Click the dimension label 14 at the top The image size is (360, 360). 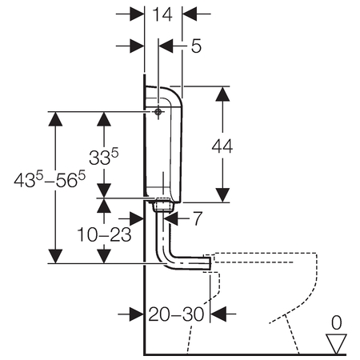[162, 14]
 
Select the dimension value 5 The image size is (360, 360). [196, 46]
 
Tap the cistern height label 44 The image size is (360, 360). [222, 146]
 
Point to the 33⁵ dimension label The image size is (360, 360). [103, 157]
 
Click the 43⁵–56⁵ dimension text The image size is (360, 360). [50, 179]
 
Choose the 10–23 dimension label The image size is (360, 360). [104, 234]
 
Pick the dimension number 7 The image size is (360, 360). [198, 218]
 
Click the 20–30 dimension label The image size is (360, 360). [176, 314]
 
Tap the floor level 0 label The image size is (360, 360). [336, 322]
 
